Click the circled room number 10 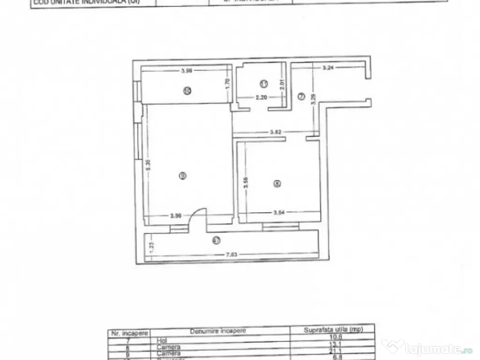(x=187, y=91)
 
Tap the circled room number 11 (x=263, y=84)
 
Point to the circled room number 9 (x=183, y=175)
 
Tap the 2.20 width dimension (x=261, y=98)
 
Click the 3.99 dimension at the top (x=187, y=71)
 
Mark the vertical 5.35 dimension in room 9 (x=149, y=165)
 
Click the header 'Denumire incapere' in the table (x=217, y=331)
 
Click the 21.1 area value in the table (x=332, y=353)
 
